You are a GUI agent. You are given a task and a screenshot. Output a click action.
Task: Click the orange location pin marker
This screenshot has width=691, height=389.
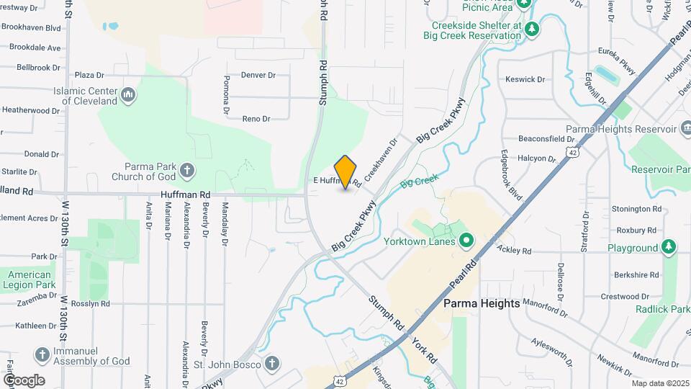(x=345, y=171)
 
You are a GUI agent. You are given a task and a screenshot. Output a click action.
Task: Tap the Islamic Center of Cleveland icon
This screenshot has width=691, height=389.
(x=128, y=94)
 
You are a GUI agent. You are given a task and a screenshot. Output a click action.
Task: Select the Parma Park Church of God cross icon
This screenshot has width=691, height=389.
(x=187, y=171)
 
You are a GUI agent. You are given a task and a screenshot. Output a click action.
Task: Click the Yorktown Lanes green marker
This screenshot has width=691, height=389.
(x=465, y=240)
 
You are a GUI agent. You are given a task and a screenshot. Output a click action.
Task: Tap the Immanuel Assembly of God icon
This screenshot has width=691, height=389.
(x=42, y=354)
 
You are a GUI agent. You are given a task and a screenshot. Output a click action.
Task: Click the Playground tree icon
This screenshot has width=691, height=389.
(x=669, y=247)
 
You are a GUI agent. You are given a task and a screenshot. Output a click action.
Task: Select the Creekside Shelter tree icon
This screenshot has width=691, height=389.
(x=531, y=29)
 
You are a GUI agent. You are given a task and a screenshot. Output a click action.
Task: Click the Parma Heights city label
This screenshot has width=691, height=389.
(x=482, y=303)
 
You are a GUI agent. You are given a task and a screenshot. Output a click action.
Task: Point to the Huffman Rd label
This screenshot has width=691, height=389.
(x=185, y=194)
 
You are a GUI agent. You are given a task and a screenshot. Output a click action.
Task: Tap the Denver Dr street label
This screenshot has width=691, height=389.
(x=258, y=75)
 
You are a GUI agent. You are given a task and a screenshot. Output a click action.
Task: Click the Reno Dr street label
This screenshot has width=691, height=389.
(x=256, y=119)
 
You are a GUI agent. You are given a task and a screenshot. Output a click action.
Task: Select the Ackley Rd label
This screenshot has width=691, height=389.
(x=513, y=251)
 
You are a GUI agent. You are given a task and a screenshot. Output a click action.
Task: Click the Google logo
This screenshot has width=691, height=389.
(x=24, y=380)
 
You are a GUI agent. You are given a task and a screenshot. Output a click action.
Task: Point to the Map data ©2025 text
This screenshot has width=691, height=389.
(x=660, y=383)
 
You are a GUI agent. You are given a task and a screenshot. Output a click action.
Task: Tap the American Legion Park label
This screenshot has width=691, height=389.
(x=30, y=280)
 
